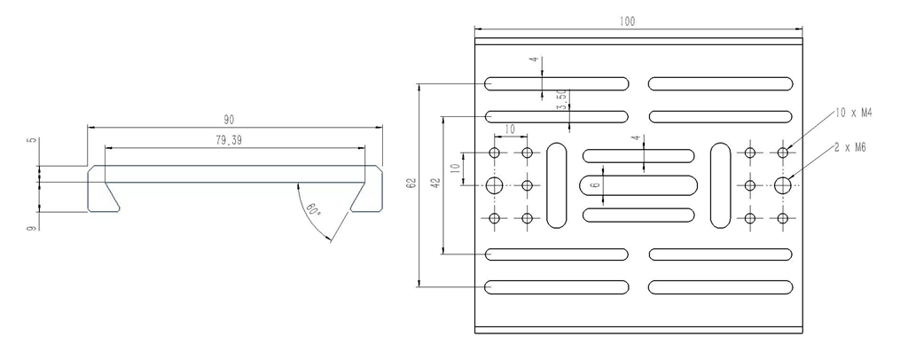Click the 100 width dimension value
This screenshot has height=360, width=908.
(x=627, y=21)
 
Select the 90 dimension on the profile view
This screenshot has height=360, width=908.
(x=230, y=120)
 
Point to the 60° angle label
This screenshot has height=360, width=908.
(x=313, y=209)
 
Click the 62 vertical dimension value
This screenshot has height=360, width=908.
(x=411, y=184)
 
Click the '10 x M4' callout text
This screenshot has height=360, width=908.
(x=854, y=113)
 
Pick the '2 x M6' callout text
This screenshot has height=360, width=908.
(x=850, y=147)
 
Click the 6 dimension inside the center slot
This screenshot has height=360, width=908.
(x=597, y=185)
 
